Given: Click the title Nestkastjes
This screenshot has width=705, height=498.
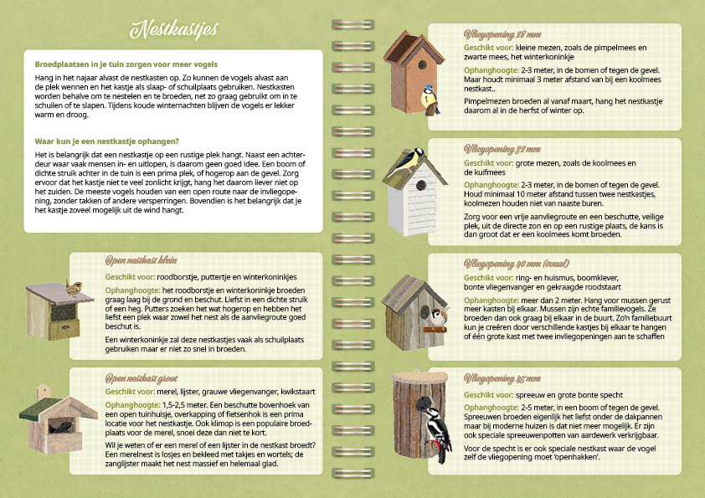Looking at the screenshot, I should click(174, 29).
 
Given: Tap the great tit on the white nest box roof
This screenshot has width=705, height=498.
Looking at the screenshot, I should click(409, 161).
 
